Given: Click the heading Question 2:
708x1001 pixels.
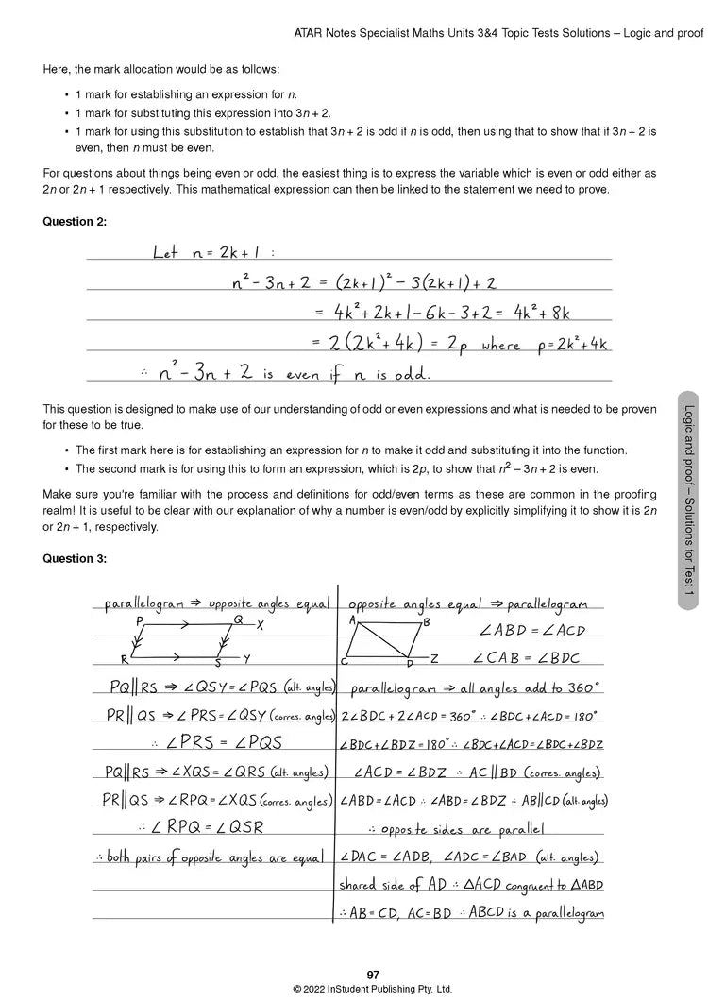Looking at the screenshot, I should click(x=75, y=221).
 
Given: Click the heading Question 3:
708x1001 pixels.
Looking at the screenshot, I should click(x=75, y=558).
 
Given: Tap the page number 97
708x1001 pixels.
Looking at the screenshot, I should click(x=372, y=975).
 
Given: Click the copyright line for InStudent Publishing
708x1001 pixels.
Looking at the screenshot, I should click(x=372, y=989).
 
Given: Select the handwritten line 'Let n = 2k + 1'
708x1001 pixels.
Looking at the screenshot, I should click(x=212, y=253).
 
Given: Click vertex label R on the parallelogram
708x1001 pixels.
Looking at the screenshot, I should click(x=124, y=660).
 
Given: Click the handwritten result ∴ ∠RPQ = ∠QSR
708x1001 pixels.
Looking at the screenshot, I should click(x=201, y=828).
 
